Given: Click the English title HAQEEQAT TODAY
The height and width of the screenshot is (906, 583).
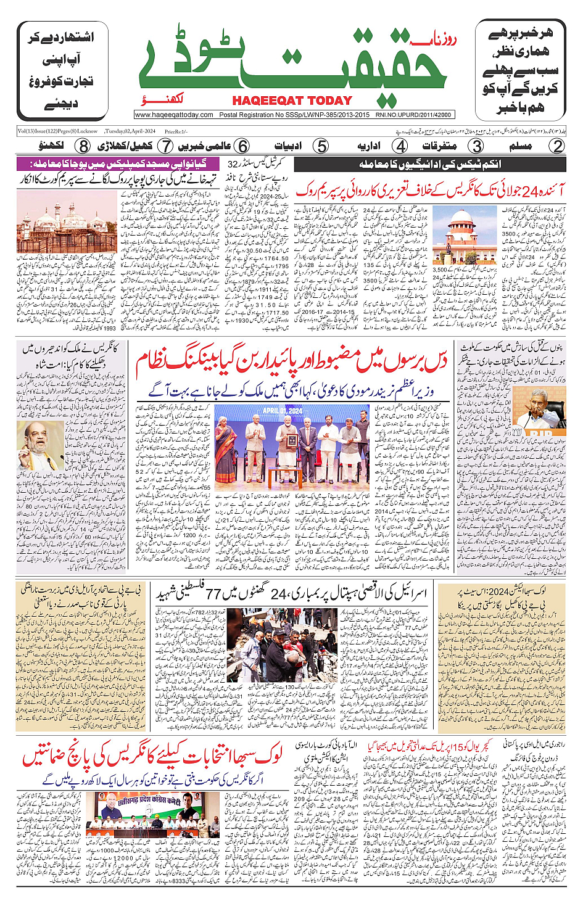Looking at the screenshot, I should (x=292, y=101).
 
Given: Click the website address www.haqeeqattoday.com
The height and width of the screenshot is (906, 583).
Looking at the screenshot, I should (x=174, y=115).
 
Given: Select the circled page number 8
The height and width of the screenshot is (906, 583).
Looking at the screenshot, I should (x=83, y=146).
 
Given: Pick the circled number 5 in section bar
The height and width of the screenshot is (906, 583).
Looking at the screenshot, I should (x=321, y=146).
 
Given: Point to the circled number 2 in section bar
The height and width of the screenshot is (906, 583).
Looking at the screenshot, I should (x=557, y=146).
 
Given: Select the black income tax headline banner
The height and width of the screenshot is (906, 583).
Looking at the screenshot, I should (x=430, y=164).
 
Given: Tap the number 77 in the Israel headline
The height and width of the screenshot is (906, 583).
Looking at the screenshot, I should (x=213, y=595).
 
